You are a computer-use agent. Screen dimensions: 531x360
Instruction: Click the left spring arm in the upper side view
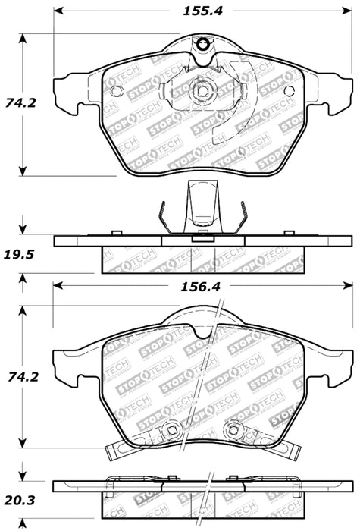tap(162, 216)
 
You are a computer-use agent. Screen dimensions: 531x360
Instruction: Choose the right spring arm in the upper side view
tap(242, 216)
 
